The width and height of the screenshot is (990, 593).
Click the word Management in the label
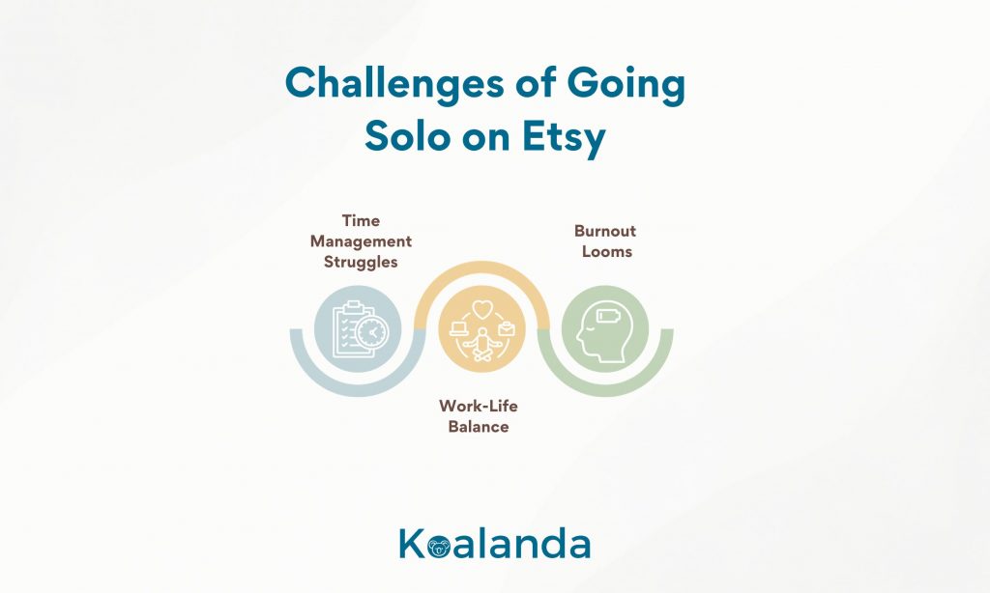361,241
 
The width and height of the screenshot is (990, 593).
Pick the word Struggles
361,263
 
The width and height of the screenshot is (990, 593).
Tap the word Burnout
605,231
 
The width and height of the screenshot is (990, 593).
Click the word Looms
607,252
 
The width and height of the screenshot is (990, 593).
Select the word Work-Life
478,406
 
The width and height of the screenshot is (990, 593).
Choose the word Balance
478,427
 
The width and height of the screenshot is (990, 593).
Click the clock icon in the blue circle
372,332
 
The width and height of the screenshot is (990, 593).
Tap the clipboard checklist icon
349,330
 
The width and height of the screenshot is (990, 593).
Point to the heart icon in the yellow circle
481,309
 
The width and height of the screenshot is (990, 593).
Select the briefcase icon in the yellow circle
507,328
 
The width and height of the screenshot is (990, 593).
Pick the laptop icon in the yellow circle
458,328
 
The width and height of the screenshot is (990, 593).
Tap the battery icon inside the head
609,315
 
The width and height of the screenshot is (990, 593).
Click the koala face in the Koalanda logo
438,547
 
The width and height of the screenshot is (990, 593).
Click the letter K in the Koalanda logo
412,543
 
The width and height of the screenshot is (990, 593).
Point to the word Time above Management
361,221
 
